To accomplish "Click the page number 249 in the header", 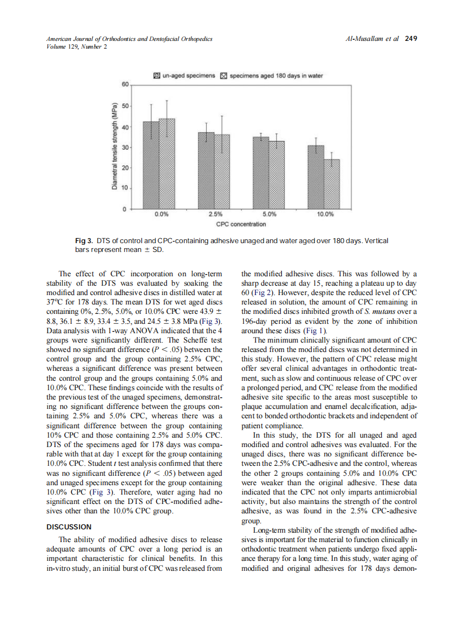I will [411, 39].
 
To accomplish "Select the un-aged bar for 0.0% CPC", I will [151, 165].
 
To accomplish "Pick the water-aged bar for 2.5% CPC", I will [222, 172].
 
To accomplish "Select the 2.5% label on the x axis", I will [215, 214].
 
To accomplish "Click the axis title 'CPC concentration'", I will [241, 224].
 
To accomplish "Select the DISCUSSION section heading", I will [70, 527].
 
